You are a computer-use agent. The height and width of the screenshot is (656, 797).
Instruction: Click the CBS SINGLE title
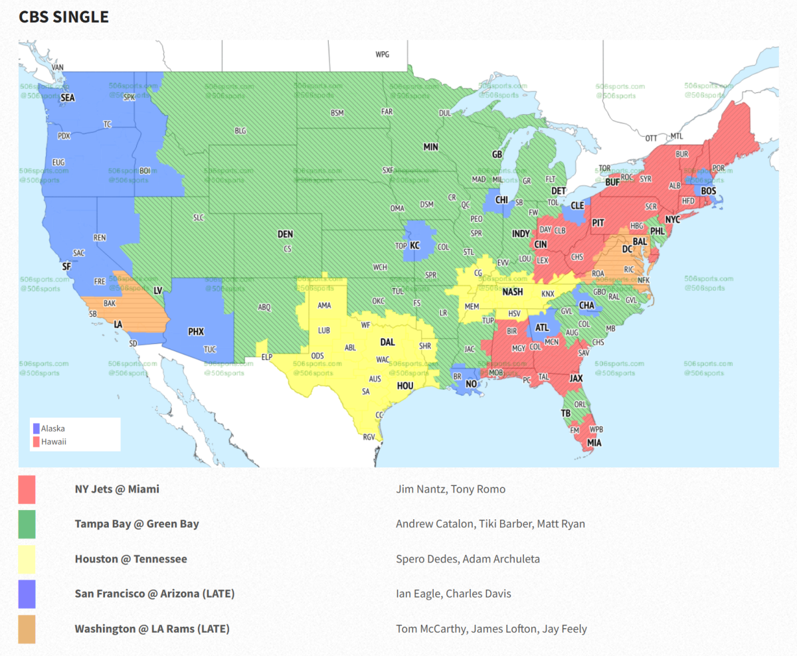point(64,17)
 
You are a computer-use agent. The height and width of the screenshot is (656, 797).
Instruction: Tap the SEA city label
point(68,98)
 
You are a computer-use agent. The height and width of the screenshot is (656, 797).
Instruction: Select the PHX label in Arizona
point(196,331)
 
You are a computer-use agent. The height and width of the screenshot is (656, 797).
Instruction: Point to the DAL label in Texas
point(387,343)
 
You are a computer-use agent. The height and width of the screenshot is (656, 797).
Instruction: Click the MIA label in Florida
point(594,442)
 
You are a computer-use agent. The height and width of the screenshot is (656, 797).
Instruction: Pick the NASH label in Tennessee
point(512,292)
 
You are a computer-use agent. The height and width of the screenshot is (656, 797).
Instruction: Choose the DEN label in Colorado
point(285,234)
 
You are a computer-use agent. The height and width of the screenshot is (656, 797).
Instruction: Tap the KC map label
point(415,245)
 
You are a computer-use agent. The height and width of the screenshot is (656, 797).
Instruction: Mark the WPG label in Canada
point(383,54)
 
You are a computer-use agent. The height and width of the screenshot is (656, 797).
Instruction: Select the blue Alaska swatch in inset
point(37,428)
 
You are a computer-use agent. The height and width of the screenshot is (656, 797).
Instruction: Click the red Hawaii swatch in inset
point(37,441)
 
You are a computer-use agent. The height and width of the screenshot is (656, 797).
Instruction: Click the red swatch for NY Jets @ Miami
point(27,489)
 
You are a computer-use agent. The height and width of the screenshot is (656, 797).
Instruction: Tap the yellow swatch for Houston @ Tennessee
point(27,559)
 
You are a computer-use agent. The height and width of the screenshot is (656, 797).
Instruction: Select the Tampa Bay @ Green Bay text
point(137,524)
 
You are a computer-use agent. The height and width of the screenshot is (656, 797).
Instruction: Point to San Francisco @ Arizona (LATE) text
point(155,594)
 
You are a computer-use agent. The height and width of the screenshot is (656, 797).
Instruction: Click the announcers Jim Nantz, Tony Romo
point(450,489)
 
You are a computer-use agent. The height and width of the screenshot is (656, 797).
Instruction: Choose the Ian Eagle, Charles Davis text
point(454,594)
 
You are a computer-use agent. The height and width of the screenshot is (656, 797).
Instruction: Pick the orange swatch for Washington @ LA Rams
point(27,629)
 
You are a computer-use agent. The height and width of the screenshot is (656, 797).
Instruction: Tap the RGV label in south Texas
point(369,437)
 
